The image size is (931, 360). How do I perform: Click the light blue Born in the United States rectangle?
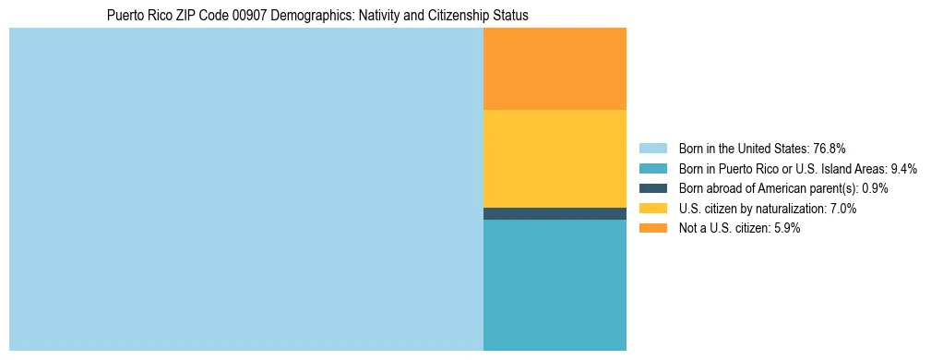tap(245, 189)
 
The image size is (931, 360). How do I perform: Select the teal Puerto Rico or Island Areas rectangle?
tap(555, 284)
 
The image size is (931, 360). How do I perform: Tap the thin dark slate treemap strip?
tap(555, 213)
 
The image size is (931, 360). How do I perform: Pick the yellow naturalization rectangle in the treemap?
tap(555, 158)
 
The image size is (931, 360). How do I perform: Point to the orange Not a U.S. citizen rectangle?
tap(555, 68)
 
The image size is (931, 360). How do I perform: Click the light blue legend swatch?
tap(652, 148)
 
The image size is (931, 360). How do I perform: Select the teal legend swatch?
tap(652, 168)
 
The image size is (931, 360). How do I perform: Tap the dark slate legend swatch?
tap(652, 188)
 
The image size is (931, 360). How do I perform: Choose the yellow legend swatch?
tap(652, 209)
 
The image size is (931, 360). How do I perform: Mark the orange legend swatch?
tap(652, 229)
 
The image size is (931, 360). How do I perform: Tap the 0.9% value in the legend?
tap(875, 188)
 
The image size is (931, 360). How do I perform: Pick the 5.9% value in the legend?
tap(784, 229)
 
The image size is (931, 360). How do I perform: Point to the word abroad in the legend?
tap(725, 188)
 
